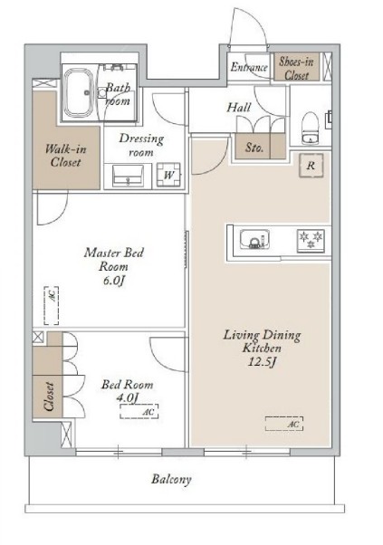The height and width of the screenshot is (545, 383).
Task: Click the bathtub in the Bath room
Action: click(x=80, y=92)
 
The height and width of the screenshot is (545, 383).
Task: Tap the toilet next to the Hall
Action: click(x=310, y=128)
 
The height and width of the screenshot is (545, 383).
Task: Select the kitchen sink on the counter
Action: click(x=255, y=239)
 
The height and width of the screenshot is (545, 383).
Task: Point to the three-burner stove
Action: click(x=311, y=240)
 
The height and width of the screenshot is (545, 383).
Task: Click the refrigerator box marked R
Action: click(x=311, y=166)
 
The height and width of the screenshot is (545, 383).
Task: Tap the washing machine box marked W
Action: click(x=168, y=175)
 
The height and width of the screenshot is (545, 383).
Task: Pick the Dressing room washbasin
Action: click(x=128, y=176)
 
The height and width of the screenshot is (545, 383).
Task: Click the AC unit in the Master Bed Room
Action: click(x=52, y=305)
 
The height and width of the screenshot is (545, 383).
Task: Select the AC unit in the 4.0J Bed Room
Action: click(x=139, y=411)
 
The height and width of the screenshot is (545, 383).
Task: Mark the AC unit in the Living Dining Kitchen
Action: click(x=284, y=424)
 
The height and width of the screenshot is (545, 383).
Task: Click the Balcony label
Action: click(x=171, y=480)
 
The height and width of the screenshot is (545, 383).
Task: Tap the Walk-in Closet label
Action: click(x=65, y=156)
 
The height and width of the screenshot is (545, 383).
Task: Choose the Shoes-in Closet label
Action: click(x=296, y=69)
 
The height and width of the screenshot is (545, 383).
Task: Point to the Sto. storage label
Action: click(x=254, y=148)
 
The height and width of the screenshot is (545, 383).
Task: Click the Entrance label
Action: click(x=249, y=67)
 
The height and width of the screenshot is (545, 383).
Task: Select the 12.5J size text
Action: click(x=262, y=362)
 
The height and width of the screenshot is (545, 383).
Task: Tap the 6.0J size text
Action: click(x=113, y=281)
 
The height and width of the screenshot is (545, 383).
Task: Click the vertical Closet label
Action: click(x=49, y=397)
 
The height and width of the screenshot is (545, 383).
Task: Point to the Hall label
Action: click(x=239, y=108)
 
